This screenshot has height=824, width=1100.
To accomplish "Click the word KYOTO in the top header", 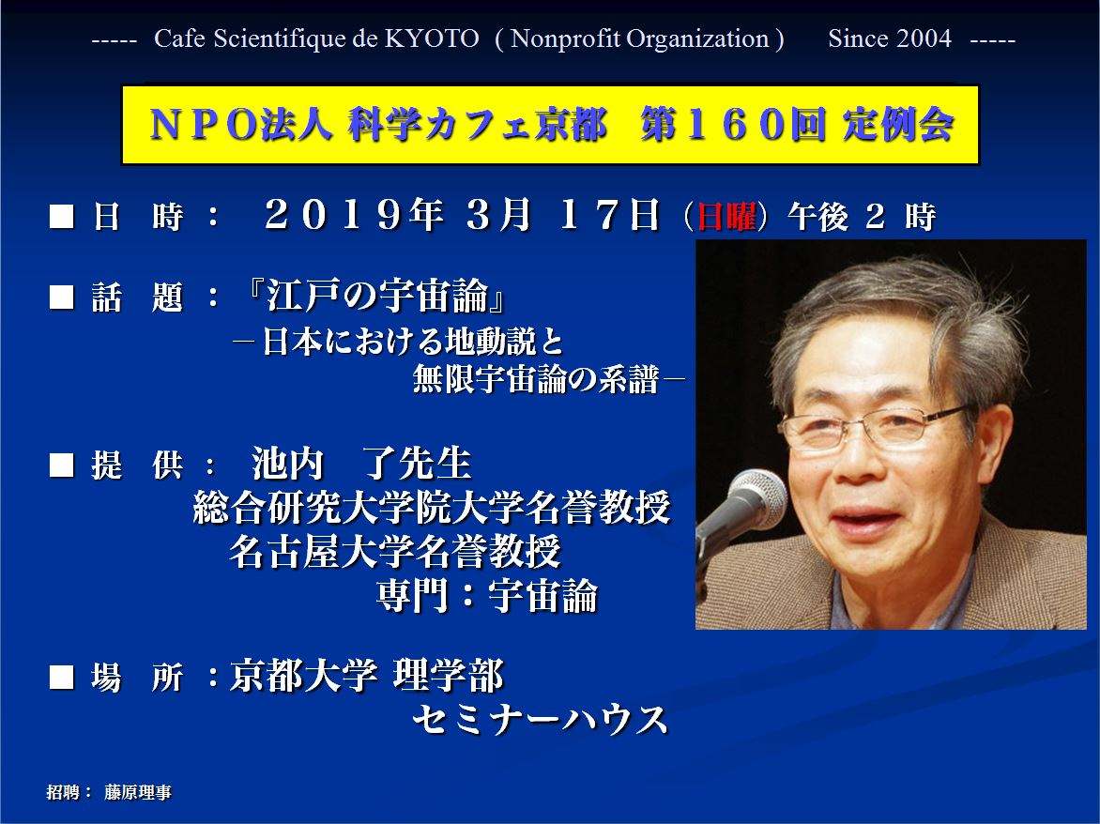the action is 432,38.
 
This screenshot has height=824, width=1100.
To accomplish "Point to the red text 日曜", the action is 726,216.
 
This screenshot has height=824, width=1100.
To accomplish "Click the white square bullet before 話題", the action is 62,298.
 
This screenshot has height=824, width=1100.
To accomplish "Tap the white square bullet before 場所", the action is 62,677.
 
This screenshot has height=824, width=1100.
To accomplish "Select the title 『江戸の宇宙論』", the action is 376,296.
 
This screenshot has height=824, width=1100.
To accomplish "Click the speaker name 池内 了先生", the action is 361,463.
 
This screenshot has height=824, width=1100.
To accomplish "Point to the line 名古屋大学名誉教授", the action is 395,551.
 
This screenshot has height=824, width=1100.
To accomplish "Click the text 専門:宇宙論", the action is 487,596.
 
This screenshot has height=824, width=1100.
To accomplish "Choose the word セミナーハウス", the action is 540,720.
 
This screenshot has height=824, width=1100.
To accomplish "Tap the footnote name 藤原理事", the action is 137,792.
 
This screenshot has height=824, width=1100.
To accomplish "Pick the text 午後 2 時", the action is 862,217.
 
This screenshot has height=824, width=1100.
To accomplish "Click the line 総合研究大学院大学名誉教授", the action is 432,507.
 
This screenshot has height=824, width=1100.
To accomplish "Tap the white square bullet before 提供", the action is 62,465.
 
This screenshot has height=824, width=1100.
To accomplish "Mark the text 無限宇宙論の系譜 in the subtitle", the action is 536,380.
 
